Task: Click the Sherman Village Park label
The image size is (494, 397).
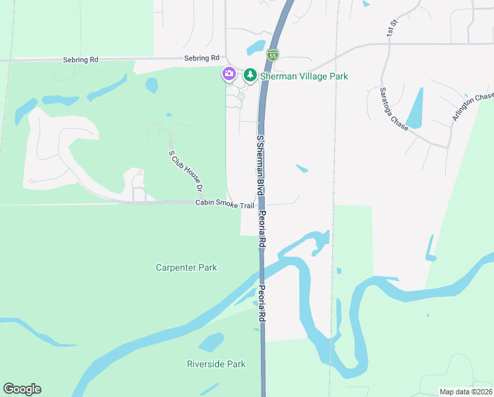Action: click(x=304, y=76)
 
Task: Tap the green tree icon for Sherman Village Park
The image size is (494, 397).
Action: click(x=250, y=75)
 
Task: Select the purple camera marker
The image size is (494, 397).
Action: click(x=229, y=73)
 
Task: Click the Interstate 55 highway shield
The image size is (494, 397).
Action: click(x=273, y=55)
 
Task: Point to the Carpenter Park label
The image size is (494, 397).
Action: click(x=186, y=268)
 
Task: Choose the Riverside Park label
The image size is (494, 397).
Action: click(x=216, y=364)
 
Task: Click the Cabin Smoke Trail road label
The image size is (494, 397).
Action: click(x=225, y=205)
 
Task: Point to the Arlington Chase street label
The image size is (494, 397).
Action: click(x=473, y=107)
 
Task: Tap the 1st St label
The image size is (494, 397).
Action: click(x=392, y=27)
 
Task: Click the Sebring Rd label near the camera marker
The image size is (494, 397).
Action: click(x=201, y=58)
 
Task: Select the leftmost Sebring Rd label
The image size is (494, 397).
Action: click(x=81, y=59)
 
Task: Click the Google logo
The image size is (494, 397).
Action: click(x=22, y=389)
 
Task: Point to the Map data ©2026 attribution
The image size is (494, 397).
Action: click(x=465, y=392)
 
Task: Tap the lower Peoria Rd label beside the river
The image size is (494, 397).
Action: click(x=262, y=304)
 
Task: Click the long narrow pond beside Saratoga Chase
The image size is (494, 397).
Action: click(x=415, y=107)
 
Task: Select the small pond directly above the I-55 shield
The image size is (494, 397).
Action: click(x=256, y=48)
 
